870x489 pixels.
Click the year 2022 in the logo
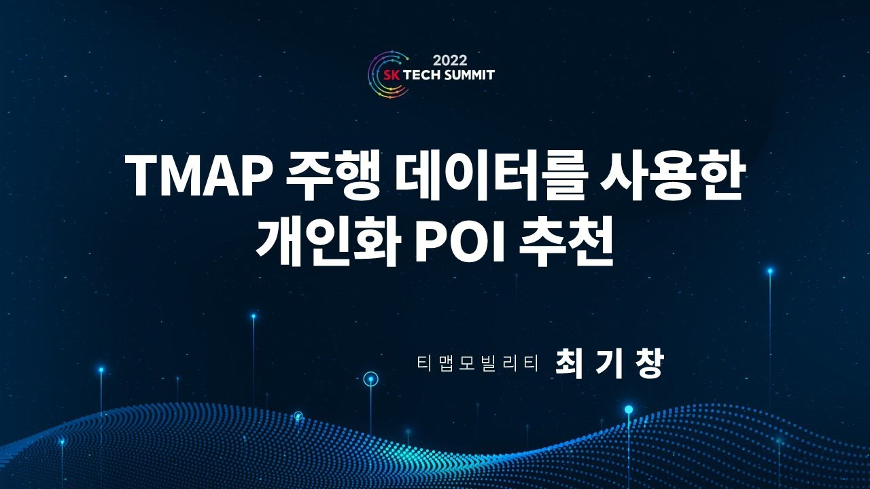pyautogui.click(x=449, y=60)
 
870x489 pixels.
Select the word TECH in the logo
pyautogui.click(x=423, y=74)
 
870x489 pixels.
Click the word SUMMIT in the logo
pyautogui.click(x=470, y=74)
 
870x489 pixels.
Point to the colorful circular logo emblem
pyautogui.click(x=383, y=75)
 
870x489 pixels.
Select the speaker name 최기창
pyautogui.click(x=608, y=363)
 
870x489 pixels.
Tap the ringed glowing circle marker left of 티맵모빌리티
pyautogui.click(x=370, y=380)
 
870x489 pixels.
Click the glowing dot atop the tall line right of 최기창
pyautogui.click(x=770, y=271)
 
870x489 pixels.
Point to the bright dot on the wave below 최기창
pyautogui.click(x=629, y=409)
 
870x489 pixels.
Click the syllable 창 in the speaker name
pyautogui.click(x=648, y=363)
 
